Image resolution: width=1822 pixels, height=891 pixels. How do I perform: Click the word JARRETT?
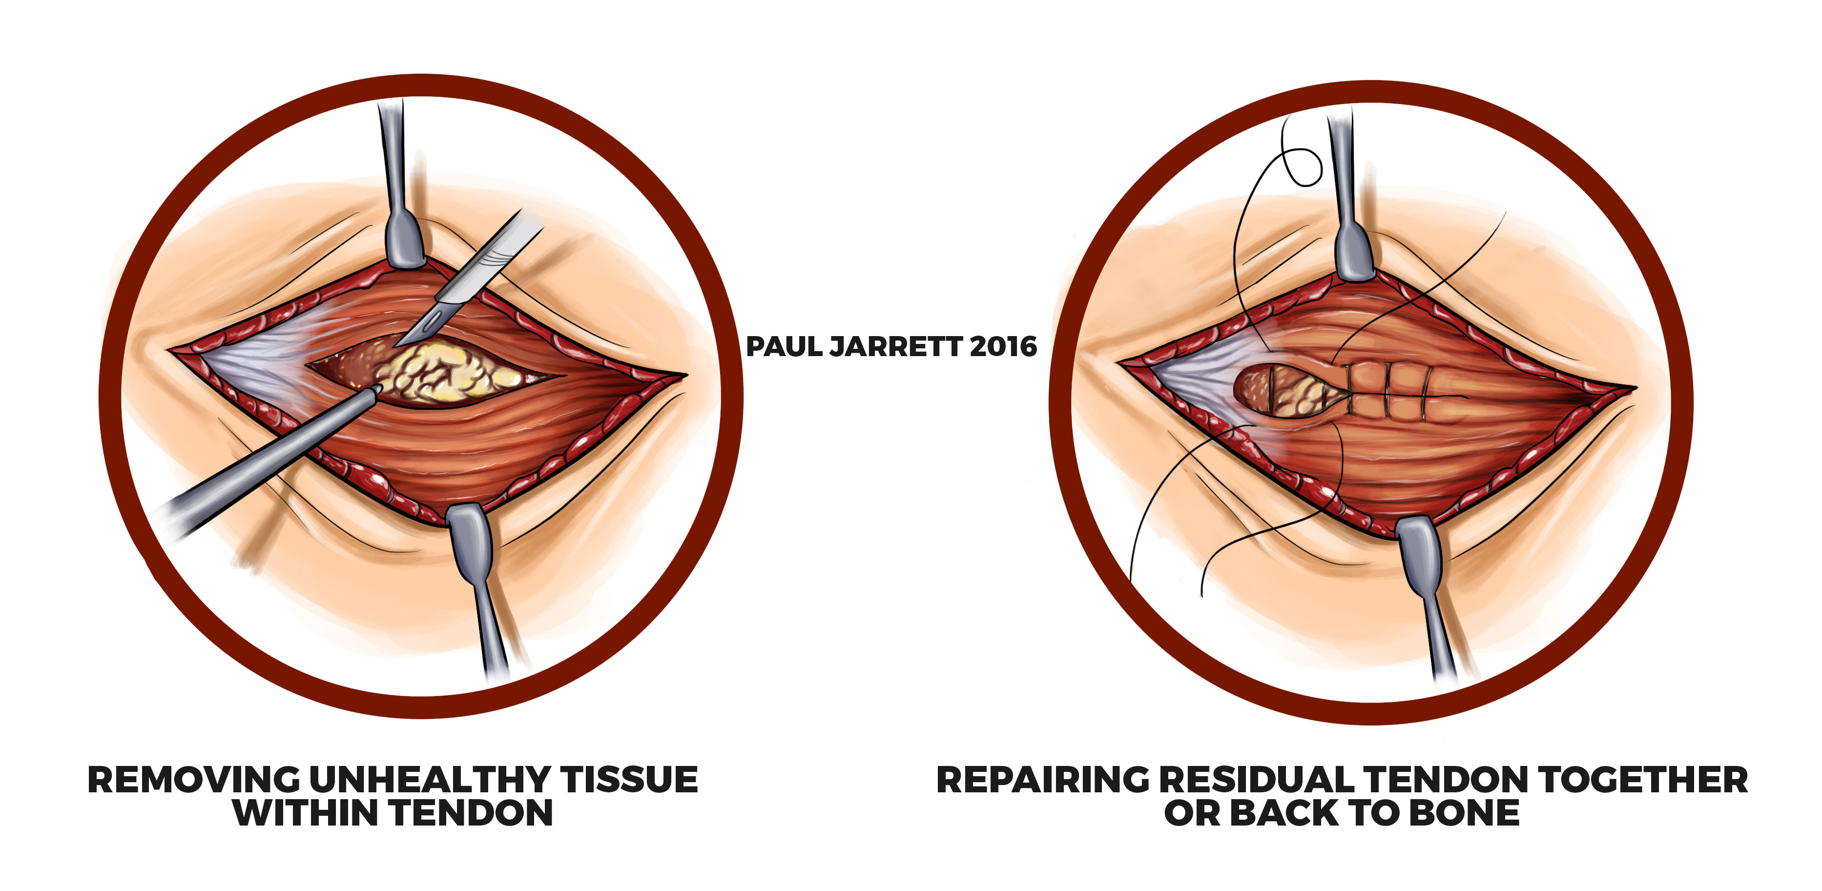coord(895,347)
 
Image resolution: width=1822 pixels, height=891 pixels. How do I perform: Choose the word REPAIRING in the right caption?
coord(1043,780)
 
